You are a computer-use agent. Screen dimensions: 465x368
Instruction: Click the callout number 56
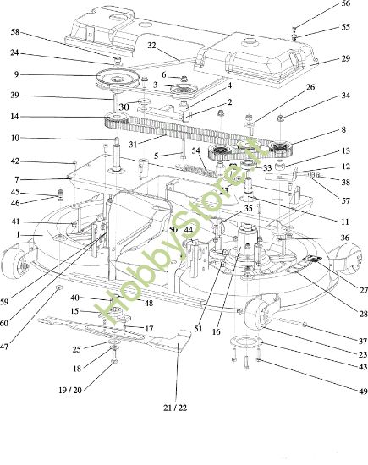click(345, 4)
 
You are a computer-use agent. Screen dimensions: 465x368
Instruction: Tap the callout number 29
click(345, 58)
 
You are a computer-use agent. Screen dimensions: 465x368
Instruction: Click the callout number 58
click(15, 31)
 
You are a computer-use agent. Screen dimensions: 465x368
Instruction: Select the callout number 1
click(15, 234)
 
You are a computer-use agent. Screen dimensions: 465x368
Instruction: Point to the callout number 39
click(15, 95)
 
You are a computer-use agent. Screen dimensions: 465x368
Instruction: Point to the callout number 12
click(345, 167)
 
